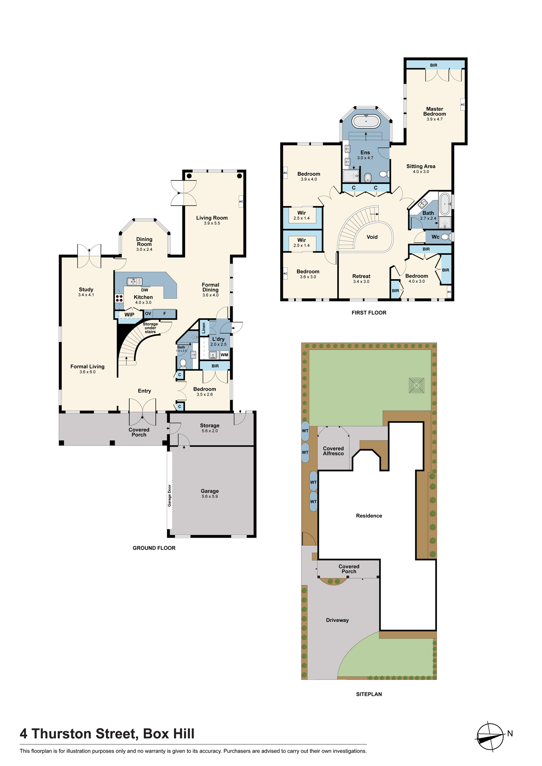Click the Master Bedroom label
[x=435, y=111]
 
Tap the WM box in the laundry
[x=225, y=355]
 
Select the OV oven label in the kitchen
[x=148, y=314]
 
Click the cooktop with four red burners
[x=119, y=298]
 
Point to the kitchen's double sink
[x=135, y=282]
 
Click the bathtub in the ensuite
[x=366, y=121]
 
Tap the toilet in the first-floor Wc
[x=446, y=237]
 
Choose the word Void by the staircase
[x=372, y=237]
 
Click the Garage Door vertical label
[x=169, y=496]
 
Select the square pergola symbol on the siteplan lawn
[x=417, y=385]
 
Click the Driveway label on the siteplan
[x=337, y=620]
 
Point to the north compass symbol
[x=490, y=737]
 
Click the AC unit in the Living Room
[x=241, y=201]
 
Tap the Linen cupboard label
[x=204, y=328]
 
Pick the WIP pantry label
[x=130, y=315]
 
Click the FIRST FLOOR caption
[x=369, y=313]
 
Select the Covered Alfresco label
[x=333, y=451]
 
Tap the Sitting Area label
[x=421, y=166]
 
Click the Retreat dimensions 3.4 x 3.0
[x=361, y=282]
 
